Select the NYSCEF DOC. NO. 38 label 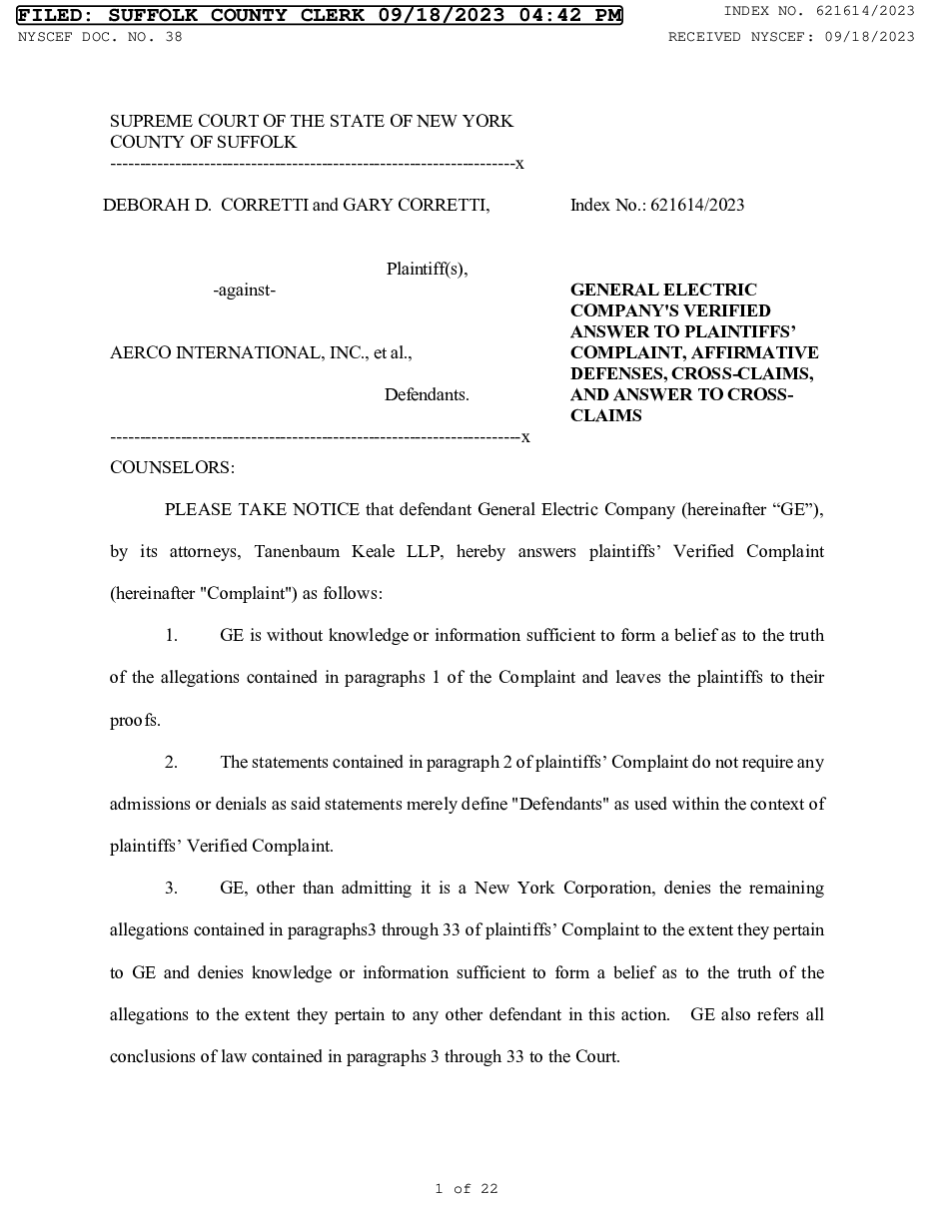(100, 37)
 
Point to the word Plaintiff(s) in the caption (427, 269)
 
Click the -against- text (245, 290)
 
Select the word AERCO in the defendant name (140, 352)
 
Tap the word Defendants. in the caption (427, 394)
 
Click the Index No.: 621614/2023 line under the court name (656, 206)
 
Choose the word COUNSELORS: (172, 466)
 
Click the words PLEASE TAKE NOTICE (262, 509)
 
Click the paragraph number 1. (171, 635)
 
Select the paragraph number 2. (171, 762)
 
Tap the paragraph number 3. (171, 888)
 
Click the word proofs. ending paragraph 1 (135, 720)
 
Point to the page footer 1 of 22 (467, 1188)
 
